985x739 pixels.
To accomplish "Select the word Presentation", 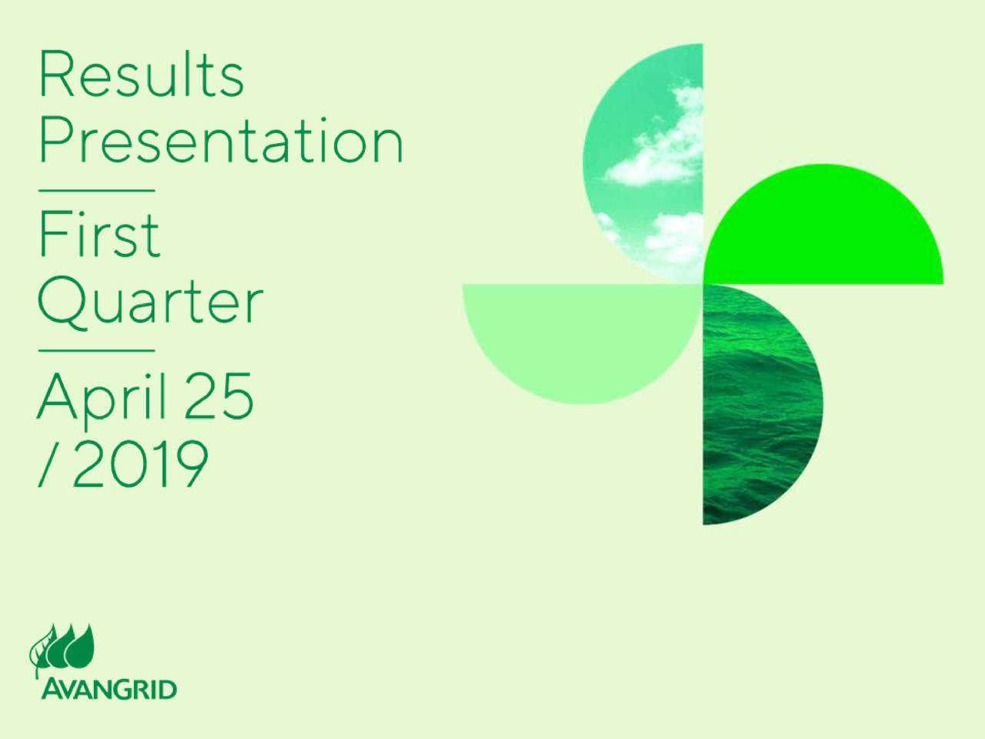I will coord(221,142).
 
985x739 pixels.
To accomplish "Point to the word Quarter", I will coord(150,302).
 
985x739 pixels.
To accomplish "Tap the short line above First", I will coord(96,190).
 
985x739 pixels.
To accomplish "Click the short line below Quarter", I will coord(96,350).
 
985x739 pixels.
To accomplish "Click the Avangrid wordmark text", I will coord(108,688).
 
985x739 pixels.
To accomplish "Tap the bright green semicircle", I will coord(823,231).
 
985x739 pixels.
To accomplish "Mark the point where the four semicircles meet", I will coord(703,283).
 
